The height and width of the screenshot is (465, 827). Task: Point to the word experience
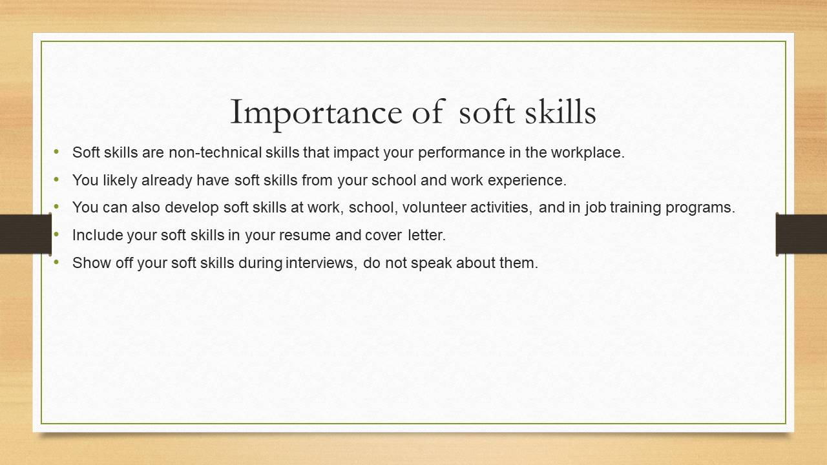(x=527, y=181)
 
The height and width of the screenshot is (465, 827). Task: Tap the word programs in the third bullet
(x=700, y=208)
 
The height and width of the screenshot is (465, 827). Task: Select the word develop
(x=192, y=208)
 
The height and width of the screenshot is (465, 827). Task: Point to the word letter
(x=427, y=235)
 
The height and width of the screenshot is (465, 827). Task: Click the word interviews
(x=321, y=263)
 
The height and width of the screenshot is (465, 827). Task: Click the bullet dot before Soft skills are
(x=56, y=151)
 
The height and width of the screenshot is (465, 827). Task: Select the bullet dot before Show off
(x=56, y=262)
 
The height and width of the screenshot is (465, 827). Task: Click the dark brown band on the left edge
(x=25, y=234)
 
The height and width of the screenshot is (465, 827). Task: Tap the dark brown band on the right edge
(x=802, y=234)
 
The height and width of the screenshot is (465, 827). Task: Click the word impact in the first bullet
(x=356, y=153)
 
